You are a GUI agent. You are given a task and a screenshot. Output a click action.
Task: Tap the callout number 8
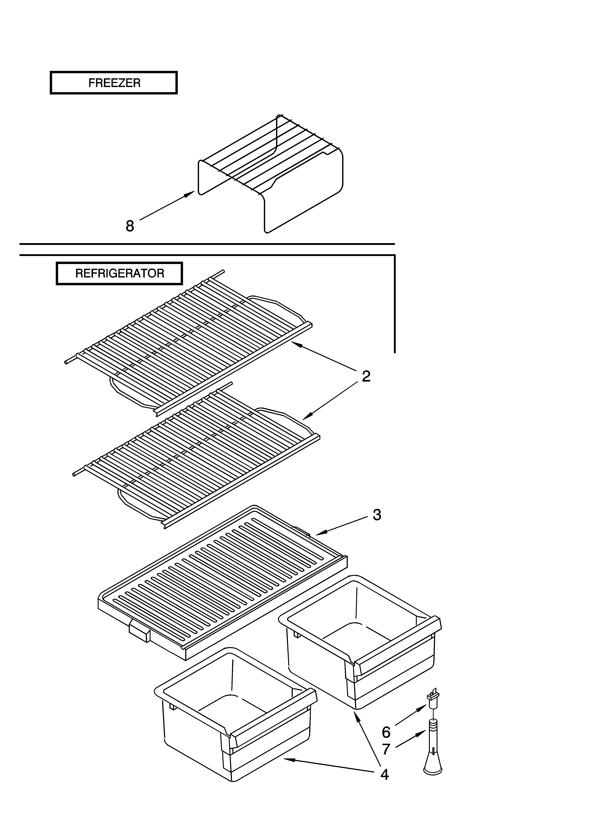tap(130, 226)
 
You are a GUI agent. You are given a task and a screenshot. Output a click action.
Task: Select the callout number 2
tap(366, 376)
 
